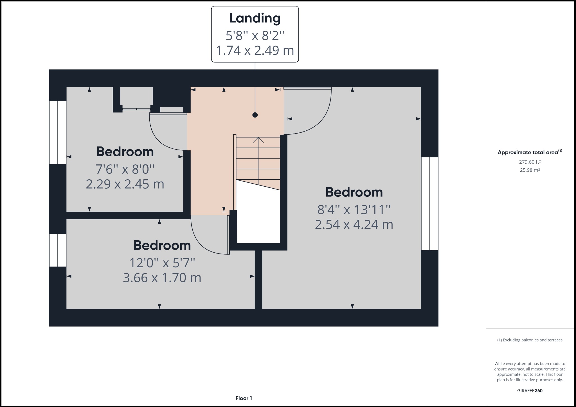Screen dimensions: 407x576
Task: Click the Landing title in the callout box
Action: click(x=255, y=18)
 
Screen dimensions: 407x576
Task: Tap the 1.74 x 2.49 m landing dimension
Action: click(x=255, y=51)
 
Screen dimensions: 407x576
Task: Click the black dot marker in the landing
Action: click(x=255, y=115)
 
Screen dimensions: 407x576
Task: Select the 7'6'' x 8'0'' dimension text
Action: click(x=125, y=169)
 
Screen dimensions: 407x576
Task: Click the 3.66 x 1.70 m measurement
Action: click(x=162, y=278)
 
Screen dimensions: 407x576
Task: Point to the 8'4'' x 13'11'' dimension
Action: click(x=354, y=210)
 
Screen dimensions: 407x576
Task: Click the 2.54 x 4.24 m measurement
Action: click(x=354, y=225)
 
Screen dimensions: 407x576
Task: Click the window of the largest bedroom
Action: click(x=430, y=203)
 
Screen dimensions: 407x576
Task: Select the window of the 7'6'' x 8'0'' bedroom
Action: click(x=58, y=132)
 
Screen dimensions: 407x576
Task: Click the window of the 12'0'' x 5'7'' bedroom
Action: click(x=58, y=250)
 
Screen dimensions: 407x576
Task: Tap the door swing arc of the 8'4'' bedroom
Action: click(x=315, y=118)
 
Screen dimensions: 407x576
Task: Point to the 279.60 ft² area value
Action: click(x=530, y=162)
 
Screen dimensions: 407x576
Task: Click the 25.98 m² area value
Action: click(x=530, y=170)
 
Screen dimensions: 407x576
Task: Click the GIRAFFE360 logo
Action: click(x=530, y=391)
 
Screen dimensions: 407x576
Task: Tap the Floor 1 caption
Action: click(x=244, y=398)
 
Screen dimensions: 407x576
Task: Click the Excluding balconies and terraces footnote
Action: click(x=530, y=340)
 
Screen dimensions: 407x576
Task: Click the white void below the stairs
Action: click(x=258, y=219)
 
